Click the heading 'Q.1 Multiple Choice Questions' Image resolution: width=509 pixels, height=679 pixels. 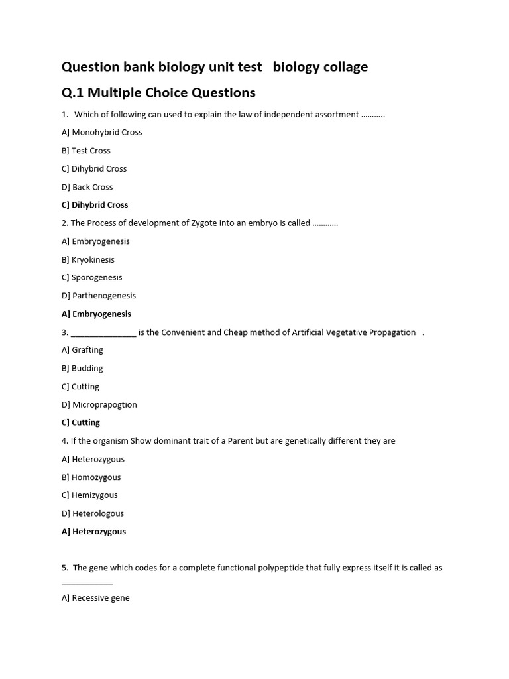158,92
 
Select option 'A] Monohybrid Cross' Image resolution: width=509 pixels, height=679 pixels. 101,132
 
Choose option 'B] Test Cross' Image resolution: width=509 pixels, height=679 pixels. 86,151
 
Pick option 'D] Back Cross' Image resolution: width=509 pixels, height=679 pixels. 87,187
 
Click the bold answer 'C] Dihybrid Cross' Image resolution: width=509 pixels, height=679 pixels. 95,205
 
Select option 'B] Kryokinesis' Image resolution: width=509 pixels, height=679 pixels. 88,259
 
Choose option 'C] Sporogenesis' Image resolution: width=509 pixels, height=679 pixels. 92,277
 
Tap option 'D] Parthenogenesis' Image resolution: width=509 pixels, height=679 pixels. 99,296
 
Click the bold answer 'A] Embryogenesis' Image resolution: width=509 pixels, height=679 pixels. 96,314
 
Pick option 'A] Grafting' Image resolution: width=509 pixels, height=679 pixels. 82,349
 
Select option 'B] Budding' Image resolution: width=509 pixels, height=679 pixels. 82,368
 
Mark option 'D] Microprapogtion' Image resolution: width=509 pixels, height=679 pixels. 99,404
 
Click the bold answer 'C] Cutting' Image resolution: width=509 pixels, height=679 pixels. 81,422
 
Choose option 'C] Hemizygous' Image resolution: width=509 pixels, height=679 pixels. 89,495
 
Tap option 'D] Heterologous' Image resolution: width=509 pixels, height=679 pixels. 93,513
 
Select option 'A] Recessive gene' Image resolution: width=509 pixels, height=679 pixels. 95,597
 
